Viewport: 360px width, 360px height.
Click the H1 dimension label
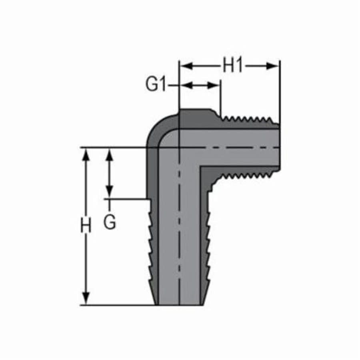point(233,66)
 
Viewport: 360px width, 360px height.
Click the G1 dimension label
point(156,85)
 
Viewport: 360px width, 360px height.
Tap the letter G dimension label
point(110,222)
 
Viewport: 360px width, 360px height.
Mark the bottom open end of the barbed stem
point(179,304)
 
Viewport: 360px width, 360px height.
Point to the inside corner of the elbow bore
point(201,167)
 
